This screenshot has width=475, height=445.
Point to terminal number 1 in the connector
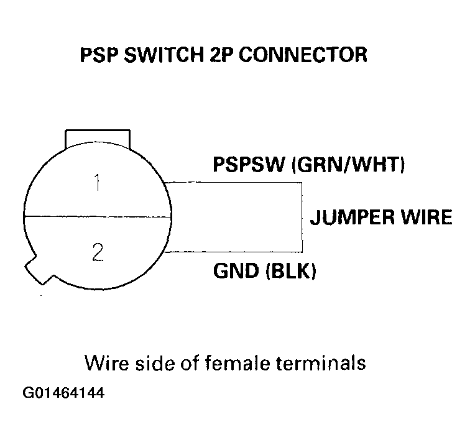96,184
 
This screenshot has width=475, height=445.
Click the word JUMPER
352,218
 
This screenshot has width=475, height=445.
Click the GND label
234,272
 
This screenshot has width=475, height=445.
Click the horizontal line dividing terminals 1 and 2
97,217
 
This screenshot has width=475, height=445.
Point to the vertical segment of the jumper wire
302,218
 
